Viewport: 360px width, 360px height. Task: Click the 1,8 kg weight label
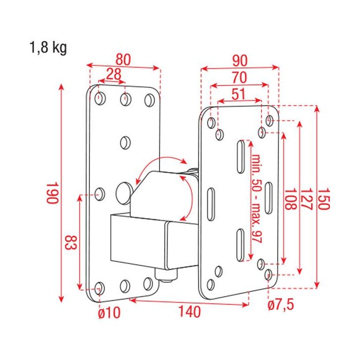[x=47, y=48]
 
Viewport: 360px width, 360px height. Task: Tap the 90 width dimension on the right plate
[x=239, y=60]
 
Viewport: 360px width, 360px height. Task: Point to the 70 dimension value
[x=239, y=77]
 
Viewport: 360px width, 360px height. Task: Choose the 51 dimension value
[x=239, y=93]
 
